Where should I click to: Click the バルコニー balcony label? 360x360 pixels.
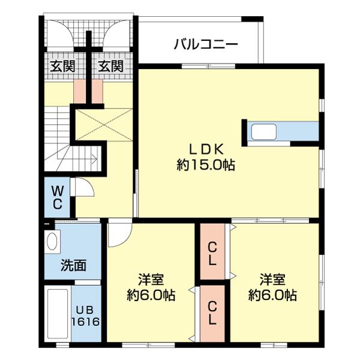pyautogui.click(x=206, y=44)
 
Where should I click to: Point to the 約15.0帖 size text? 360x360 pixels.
pyautogui.click(x=206, y=165)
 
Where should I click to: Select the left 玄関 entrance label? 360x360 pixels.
pyautogui.click(x=62, y=66)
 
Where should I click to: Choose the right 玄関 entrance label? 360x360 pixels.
pyautogui.click(x=111, y=66)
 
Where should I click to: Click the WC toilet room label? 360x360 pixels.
pyautogui.click(x=57, y=197)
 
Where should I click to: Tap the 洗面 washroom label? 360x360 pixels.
pyautogui.click(x=73, y=265)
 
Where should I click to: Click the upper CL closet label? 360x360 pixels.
pyautogui.click(x=212, y=253)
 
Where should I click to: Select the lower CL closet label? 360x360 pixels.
pyautogui.click(x=212, y=313)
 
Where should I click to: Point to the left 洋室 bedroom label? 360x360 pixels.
pyautogui.click(x=151, y=280)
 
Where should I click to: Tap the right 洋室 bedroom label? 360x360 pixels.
pyautogui.click(x=272, y=280)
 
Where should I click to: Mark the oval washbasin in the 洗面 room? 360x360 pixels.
pyautogui.click(x=52, y=244)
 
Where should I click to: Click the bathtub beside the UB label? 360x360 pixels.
pyautogui.click(x=58, y=316)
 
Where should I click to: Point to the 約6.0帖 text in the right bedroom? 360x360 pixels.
pyautogui.click(x=272, y=295)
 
